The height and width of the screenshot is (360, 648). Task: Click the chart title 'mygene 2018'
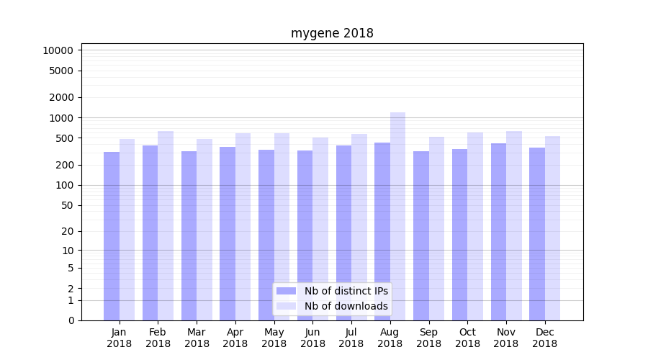click(332, 33)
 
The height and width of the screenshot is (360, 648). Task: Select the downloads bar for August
click(397, 216)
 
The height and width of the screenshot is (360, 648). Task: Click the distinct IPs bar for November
click(498, 232)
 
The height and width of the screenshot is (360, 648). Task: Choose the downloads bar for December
click(552, 228)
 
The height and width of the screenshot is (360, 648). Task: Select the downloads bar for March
click(204, 230)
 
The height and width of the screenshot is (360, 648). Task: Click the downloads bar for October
click(475, 226)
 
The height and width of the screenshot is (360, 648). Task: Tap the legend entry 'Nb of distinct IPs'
click(346, 291)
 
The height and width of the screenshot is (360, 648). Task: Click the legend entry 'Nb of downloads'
click(346, 306)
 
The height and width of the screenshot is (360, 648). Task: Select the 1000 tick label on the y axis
click(61, 118)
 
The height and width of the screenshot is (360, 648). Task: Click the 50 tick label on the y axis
click(66, 205)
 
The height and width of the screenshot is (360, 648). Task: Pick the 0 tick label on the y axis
click(71, 320)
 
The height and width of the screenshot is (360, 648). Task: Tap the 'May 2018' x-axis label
click(274, 338)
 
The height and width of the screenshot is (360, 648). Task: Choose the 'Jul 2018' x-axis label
click(351, 338)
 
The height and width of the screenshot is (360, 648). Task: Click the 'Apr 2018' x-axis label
click(235, 338)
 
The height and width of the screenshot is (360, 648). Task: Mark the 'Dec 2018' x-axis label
click(544, 338)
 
